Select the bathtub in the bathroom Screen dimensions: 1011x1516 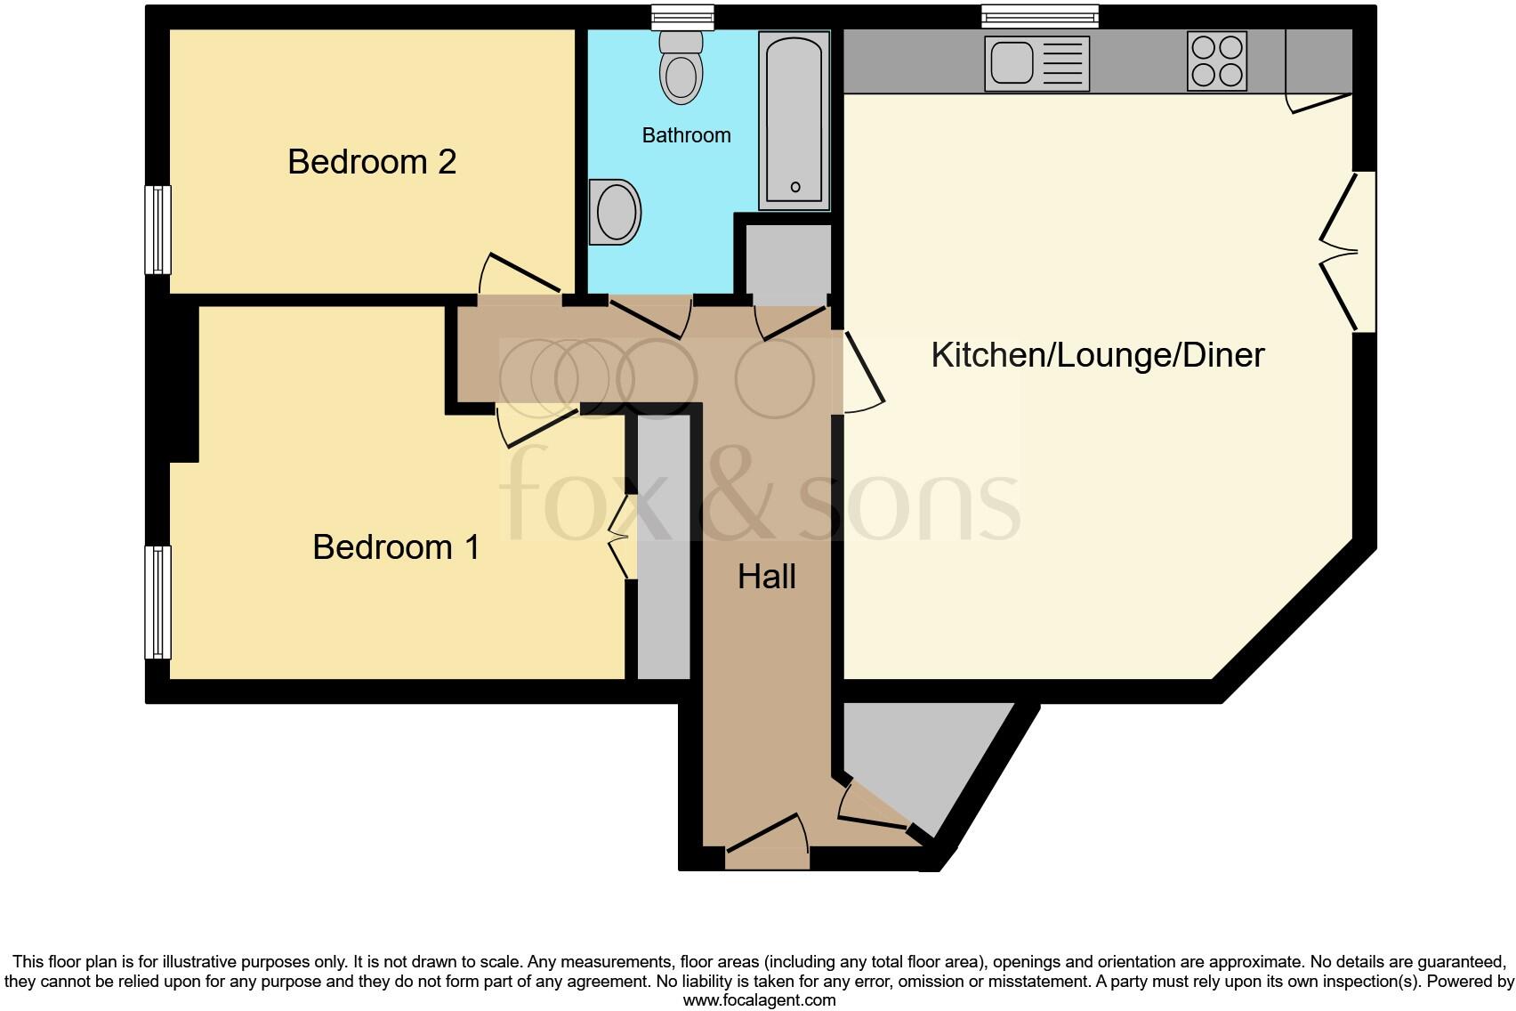(794, 120)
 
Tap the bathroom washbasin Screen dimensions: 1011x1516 (615, 212)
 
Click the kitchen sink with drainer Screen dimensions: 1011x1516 (1036, 63)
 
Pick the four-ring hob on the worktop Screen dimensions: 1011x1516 (1217, 61)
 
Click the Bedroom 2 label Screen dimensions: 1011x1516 (372, 162)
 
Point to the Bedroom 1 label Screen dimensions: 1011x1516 (396, 546)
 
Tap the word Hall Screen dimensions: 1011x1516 (766, 577)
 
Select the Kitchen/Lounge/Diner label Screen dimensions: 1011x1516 (1097, 355)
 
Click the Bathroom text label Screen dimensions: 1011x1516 (686, 135)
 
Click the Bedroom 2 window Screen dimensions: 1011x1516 (157, 230)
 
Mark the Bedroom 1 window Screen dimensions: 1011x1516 (157, 602)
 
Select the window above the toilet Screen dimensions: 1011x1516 (682, 16)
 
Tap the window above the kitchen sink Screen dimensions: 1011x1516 (1039, 16)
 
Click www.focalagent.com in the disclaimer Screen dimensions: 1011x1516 (759, 1000)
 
